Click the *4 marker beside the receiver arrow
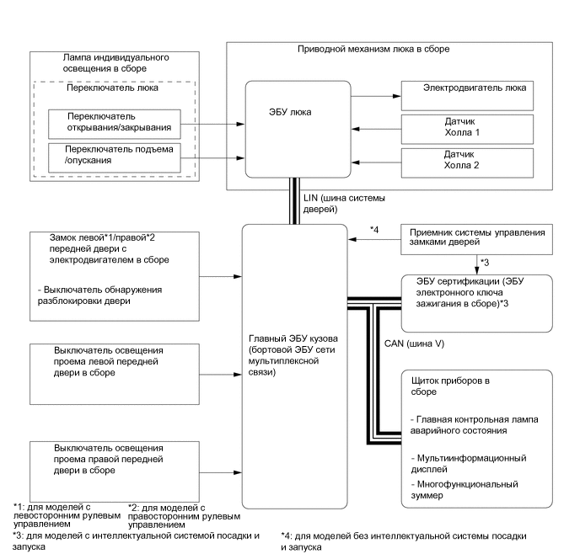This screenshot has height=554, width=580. pos(374,229)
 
